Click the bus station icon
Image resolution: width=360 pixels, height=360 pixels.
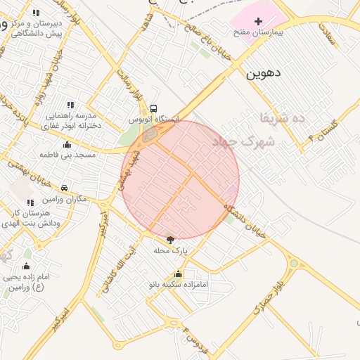click(153, 108)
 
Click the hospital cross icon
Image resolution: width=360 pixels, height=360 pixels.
click(257, 22)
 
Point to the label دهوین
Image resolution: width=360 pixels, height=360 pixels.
click(264, 72)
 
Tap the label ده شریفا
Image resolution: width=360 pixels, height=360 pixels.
click(282, 117)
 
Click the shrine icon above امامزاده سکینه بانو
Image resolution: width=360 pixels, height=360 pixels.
click(178, 274)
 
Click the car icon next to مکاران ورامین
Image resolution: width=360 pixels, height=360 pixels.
click(64, 188)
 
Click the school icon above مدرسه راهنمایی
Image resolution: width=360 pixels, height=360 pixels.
click(69, 104)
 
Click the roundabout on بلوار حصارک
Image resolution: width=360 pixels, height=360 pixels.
click(293, 264)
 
